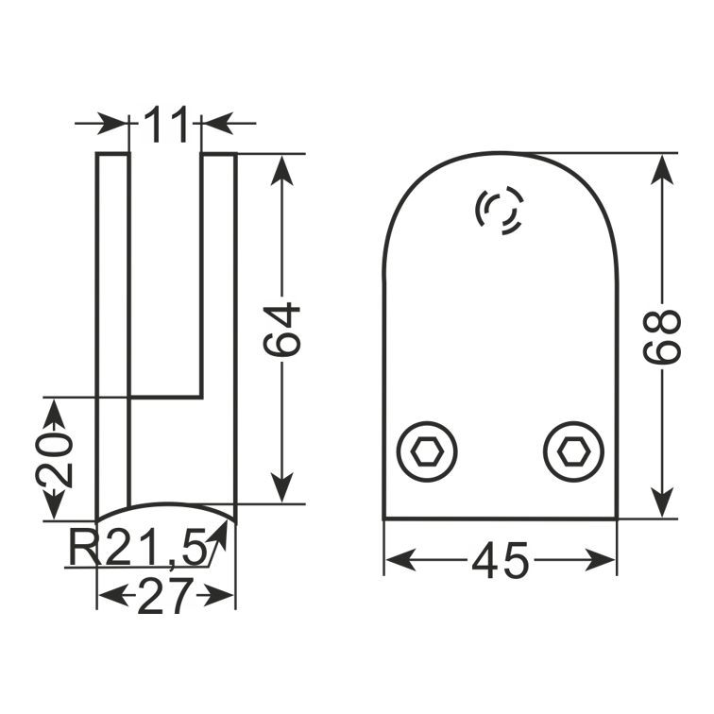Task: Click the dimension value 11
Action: click(x=166, y=124)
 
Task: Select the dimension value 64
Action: click(x=281, y=331)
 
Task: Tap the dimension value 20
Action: click(x=54, y=459)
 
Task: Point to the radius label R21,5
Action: click(x=137, y=548)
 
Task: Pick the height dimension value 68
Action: click(x=662, y=337)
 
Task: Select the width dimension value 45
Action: click(x=501, y=560)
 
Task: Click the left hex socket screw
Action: click(x=427, y=452)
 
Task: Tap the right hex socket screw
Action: click(x=574, y=452)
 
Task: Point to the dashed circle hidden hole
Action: click(x=500, y=211)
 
